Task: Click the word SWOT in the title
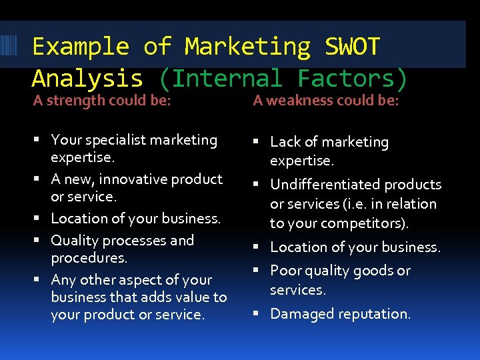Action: coord(352,47)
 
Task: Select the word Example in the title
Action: coord(80,47)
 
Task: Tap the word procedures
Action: coord(89,257)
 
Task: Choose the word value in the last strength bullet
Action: coord(193,297)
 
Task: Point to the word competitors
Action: coord(364,223)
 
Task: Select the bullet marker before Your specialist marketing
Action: coord(40,141)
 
